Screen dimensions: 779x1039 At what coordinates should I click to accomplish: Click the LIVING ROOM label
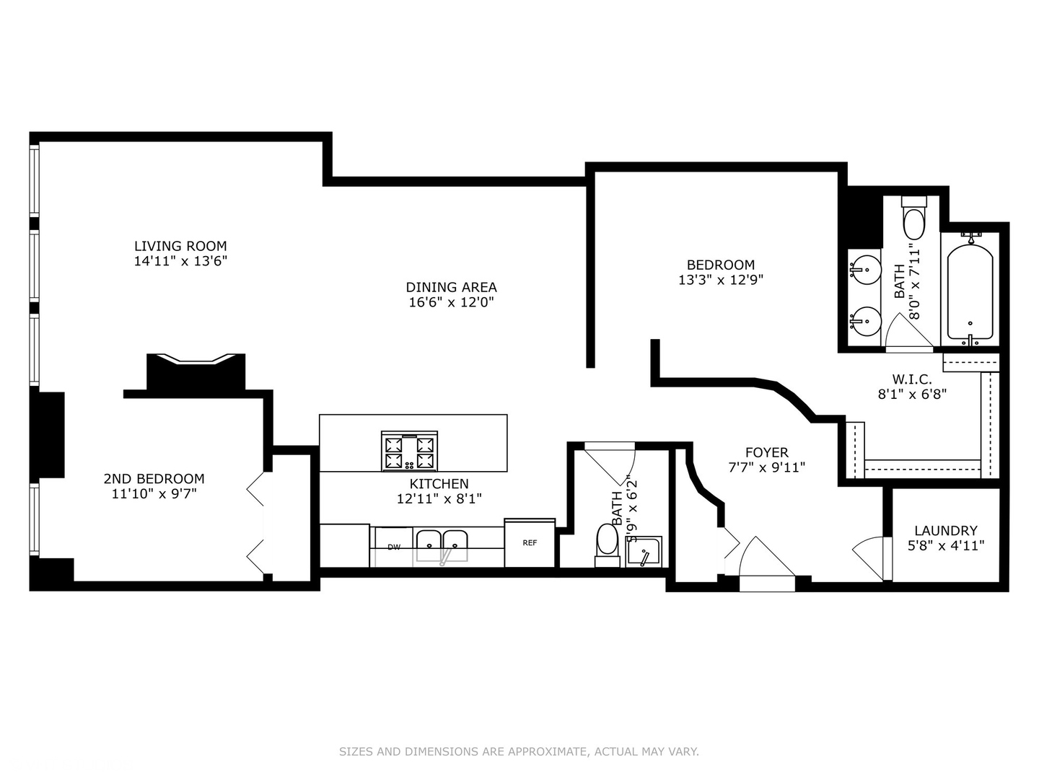(x=180, y=246)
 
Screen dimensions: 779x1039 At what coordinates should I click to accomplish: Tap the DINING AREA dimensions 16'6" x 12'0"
(x=451, y=302)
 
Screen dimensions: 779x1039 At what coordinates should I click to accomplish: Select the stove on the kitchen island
(x=410, y=451)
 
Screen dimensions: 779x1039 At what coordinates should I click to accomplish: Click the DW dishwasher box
(x=393, y=547)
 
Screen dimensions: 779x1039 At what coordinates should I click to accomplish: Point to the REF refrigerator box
(x=530, y=542)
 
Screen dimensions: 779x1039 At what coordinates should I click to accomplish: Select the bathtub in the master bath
(x=970, y=292)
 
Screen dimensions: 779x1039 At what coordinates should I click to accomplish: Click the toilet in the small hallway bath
(x=608, y=542)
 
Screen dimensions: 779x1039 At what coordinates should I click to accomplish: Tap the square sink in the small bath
(x=644, y=553)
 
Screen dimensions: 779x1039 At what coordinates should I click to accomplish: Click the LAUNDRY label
(x=945, y=530)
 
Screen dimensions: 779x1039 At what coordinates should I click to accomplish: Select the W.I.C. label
(x=911, y=379)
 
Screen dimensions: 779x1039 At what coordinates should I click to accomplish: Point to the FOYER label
(x=766, y=452)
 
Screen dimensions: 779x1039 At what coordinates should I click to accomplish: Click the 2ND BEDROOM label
(x=154, y=478)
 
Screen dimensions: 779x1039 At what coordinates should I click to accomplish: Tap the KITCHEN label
(x=439, y=483)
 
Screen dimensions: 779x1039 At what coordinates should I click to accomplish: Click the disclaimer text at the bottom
(x=519, y=752)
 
